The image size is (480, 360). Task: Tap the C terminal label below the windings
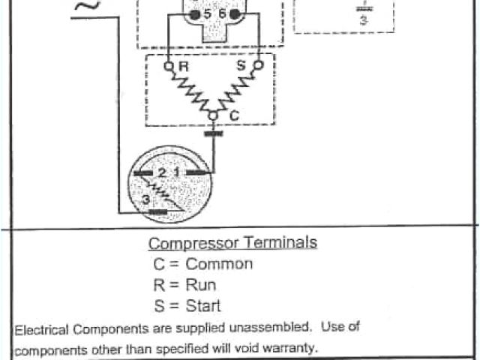232,117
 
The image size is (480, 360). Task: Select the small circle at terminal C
213,115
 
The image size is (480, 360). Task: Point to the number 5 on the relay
206,14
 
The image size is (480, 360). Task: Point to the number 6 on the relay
222,14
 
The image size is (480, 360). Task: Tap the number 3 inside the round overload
145,199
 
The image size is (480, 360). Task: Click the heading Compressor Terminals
232,243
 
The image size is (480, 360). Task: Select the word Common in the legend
219,264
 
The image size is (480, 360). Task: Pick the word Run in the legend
201,285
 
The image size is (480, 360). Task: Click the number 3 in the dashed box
364,21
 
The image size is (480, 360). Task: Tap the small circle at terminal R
168,65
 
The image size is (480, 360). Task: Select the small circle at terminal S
259,65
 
